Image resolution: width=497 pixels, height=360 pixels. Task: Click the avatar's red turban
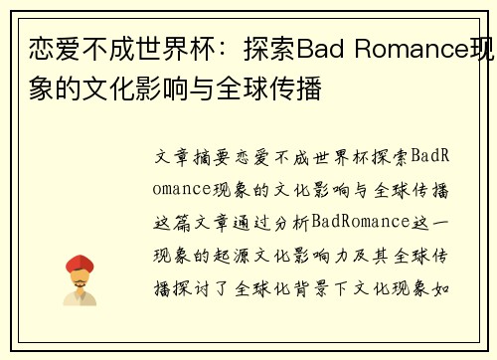(x=80, y=265)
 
